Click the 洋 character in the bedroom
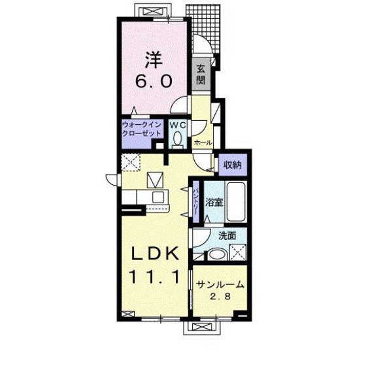click(x=154, y=59)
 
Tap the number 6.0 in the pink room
click(x=154, y=81)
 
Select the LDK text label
click(x=155, y=254)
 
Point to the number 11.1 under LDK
click(x=155, y=276)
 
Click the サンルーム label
click(x=220, y=285)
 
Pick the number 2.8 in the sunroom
click(x=220, y=297)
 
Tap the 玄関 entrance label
click(x=201, y=75)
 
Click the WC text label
click(x=178, y=125)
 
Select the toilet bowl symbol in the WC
click(x=178, y=139)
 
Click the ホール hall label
click(x=203, y=142)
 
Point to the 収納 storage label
click(x=232, y=165)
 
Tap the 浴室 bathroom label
click(x=214, y=202)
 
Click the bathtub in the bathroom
click(x=236, y=201)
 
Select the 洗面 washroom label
click(x=227, y=236)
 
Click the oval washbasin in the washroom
click(x=217, y=255)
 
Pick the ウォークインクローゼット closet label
click(x=142, y=129)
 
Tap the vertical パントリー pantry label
click(x=196, y=202)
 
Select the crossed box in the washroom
click(x=238, y=252)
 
